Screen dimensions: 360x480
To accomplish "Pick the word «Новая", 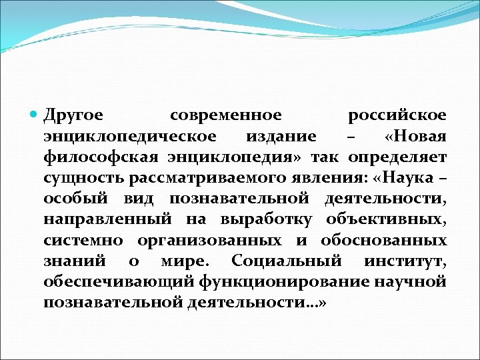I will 415,137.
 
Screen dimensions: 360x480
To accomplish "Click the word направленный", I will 96,219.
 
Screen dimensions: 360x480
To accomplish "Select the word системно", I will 83,240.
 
